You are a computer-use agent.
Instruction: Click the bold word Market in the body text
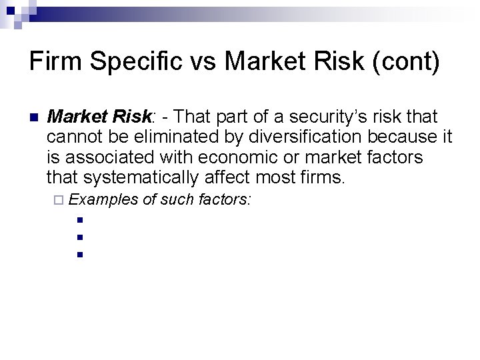click(x=80, y=117)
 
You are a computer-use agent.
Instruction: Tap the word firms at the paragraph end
click(x=324, y=177)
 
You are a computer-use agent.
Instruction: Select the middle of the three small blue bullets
click(x=79, y=236)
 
